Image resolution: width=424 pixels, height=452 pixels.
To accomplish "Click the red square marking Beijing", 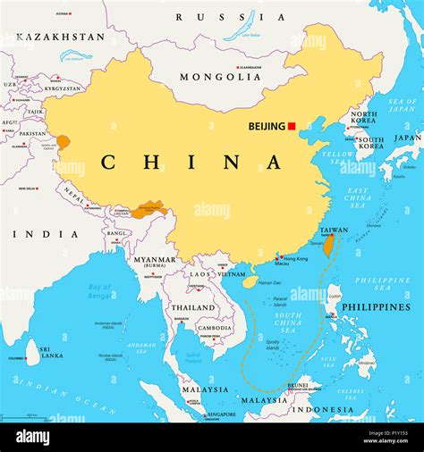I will (x=292, y=126).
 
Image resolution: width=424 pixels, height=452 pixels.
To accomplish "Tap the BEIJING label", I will (x=266, y=127).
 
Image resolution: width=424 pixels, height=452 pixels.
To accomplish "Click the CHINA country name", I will (x=191, y=162).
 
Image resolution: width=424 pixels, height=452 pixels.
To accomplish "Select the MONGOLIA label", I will (x=220, y=77).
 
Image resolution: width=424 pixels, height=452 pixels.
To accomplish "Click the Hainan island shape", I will (x=250, y=281).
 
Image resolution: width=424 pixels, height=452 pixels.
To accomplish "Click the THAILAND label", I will (x=193, y=307).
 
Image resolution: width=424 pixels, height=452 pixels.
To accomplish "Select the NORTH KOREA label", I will (x=363, y=119).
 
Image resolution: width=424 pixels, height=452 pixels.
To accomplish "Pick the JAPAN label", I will (x=408, y=138).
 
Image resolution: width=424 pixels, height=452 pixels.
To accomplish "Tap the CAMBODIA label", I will (x=215, y=328).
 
